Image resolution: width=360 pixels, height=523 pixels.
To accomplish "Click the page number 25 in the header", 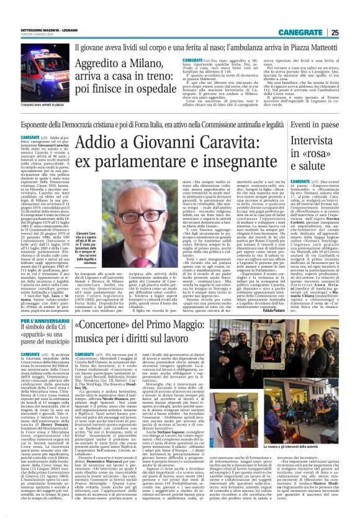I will tap(352, 15).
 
